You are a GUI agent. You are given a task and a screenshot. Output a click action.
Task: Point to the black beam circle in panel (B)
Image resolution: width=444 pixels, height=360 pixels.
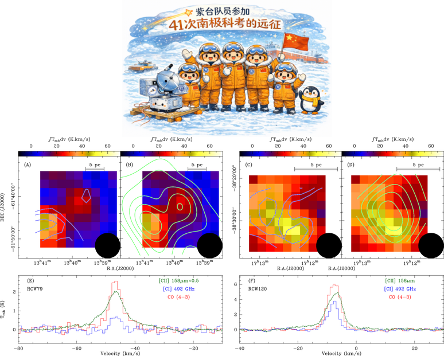[x=209, y=245]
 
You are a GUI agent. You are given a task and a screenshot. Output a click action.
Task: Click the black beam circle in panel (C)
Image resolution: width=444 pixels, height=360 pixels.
[x=328, y=245]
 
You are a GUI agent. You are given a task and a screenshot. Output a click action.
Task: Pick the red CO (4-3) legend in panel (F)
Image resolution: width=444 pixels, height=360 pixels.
[x=400, y=297]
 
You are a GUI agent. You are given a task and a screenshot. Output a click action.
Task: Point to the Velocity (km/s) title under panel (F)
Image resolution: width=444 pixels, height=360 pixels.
[x=340, y=354]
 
